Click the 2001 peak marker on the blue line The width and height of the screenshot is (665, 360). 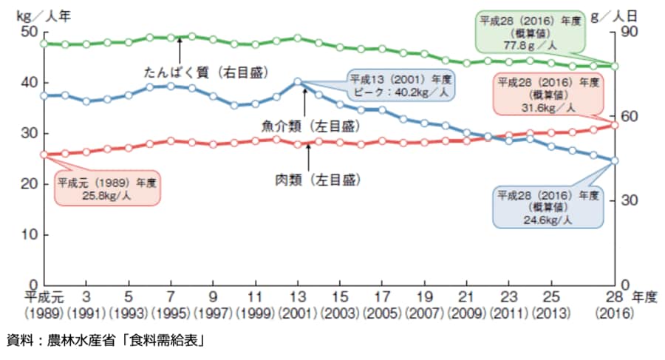298,81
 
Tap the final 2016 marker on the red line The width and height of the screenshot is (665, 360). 615,125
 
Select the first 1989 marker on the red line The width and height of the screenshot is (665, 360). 44,154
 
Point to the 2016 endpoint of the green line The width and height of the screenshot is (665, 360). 615,66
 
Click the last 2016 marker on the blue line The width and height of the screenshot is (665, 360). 615,160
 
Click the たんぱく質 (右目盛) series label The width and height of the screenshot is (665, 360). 206,72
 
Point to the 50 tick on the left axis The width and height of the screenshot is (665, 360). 29,33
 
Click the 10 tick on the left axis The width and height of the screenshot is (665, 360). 29,234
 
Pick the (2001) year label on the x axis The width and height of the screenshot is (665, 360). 298,312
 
